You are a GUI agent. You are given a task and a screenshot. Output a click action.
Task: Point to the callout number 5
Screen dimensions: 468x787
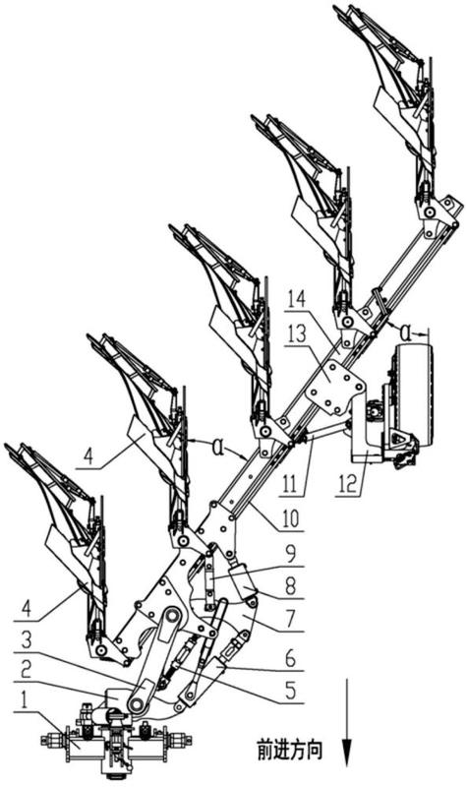(x=291, y=691)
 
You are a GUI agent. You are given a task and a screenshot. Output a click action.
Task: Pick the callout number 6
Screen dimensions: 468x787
(x=291, y=658)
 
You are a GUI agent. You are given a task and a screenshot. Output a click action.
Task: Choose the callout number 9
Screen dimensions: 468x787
(x=291, y=553)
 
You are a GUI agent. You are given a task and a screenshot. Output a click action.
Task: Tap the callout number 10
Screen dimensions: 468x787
(x=291, y=517)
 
